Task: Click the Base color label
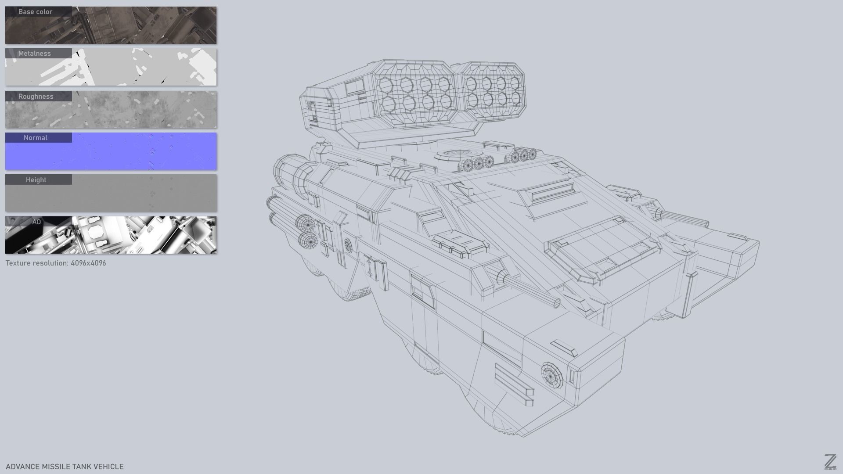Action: pyautogui.click(x=35, y=12)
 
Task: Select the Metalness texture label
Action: pyautogui.click(x=34, y=54)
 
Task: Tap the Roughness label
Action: pyautogui.click(x=36, y=97)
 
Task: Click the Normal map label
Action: pyautogui.click(x=35, y=138)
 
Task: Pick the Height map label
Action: pyautogui.click(x=36, y=180)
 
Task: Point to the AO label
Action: pyautogui.click(x=36, y=222)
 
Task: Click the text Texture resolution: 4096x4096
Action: pyautogui.click(x=56, y=263)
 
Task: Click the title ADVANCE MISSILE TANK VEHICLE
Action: pyautogui.click(x=65, y=467)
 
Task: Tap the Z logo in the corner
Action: pyautogui.click(x=830, y=462)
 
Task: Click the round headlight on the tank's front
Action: pyautogui.click(x=552, y=376)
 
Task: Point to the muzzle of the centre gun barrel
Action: pyautogui.click(x=557, y=302)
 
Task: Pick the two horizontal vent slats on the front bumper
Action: pyautogui.click(x=514, y=384)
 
